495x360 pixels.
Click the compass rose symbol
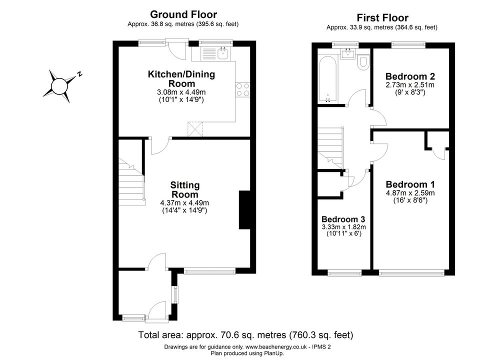pyautogui.click(x=59, y=85)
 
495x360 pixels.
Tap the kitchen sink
pyautogui.click(x=223, y=54)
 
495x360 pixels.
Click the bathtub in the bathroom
pyautogui.click(x=328, y=79)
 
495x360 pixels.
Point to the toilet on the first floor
pyautogui.click(x=363, y=62)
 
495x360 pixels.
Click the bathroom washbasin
pyautogui.click(x=349, y=53)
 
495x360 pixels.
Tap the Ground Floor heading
pyautogui.click(x=183, y=14)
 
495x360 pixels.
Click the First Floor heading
pyautogui.click(x=382, y=17)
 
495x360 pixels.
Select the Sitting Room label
pyautogui.click(x=184, y=190)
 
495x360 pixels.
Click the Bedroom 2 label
pyautogui.click(x=410, y=76)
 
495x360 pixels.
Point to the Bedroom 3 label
pyautogui.click(x=343, y=219)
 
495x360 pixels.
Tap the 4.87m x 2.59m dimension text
pyautogui.click(x=410, y=193)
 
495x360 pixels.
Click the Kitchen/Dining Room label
pyautogui.click(x=181, y=79)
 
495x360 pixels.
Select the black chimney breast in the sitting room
pyautogui.click(x=244, y=210)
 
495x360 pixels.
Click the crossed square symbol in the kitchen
pyautogui.click(x=195, y=129)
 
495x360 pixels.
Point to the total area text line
pyautogui.click(x=245, y=334)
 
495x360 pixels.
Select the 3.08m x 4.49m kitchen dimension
pyautogui.click(x=181, y=92)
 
